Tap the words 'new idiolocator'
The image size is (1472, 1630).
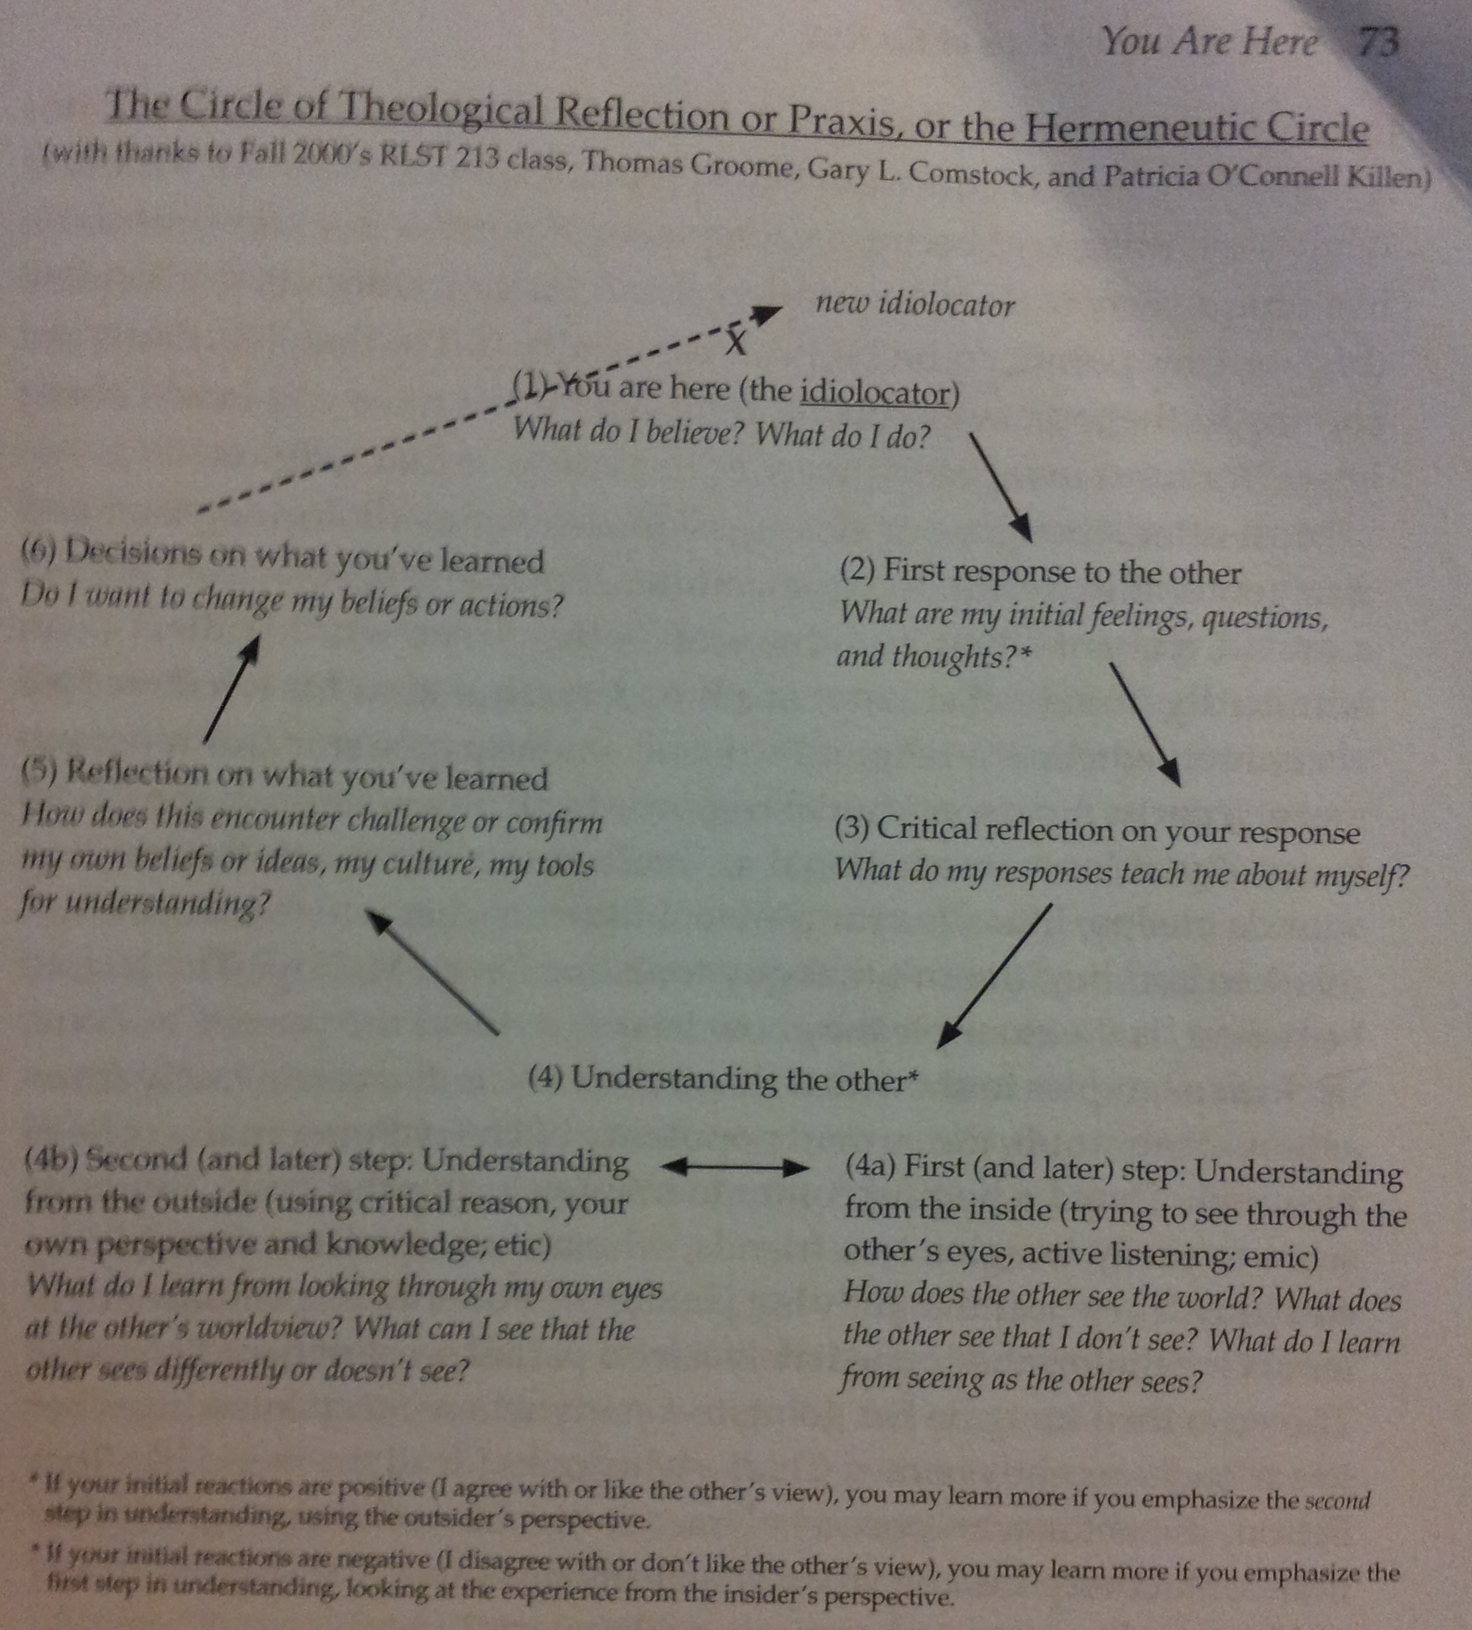point(916,306)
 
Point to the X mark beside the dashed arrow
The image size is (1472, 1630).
point(735,342)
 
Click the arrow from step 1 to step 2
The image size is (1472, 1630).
point(1001,487)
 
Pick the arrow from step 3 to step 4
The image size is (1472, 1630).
point(994,976)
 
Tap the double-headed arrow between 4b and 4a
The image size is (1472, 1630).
point(735,1167)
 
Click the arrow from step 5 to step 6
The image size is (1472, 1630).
point(231,688)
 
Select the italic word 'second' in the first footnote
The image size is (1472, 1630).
point(1339,1501)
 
